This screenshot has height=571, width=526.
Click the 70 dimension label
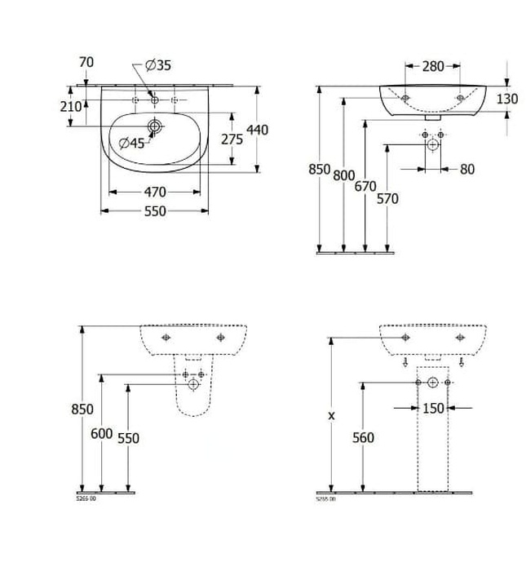tap(86, 62)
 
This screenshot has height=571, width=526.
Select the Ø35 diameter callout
tap(158, 65)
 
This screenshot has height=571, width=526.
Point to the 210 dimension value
tap(70, 106)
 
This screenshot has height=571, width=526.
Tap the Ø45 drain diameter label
tap(131, 143)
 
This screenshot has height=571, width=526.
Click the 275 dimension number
tap(232, 139)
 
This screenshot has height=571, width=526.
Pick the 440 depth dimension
tap(258, 130)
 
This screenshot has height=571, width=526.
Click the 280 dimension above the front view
tap(433, 67)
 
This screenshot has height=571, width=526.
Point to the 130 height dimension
tap(507, 99)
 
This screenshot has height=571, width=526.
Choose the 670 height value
tap(365, 187)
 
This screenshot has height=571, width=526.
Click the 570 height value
tap(387, 198)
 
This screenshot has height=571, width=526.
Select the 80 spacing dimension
tap(466, 170)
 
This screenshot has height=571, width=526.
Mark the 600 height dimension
tap(101, 434)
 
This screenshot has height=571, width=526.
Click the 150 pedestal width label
tap(433, 408)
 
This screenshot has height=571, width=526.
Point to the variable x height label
tap(331, 415)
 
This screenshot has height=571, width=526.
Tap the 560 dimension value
tap(363, 438)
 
